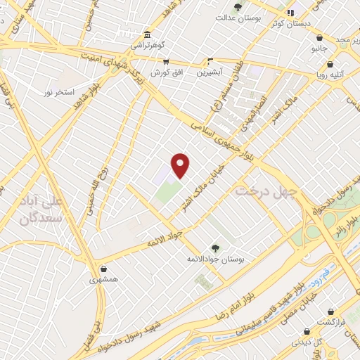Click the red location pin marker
181,165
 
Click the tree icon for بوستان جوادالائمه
214,247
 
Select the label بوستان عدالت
238,18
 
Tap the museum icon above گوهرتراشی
147,35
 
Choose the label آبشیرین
209,72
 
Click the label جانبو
320,49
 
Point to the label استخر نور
58,92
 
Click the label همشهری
103,280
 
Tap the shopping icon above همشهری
104,268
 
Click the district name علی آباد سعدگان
38,210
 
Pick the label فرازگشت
330,321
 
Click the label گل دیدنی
307,342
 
